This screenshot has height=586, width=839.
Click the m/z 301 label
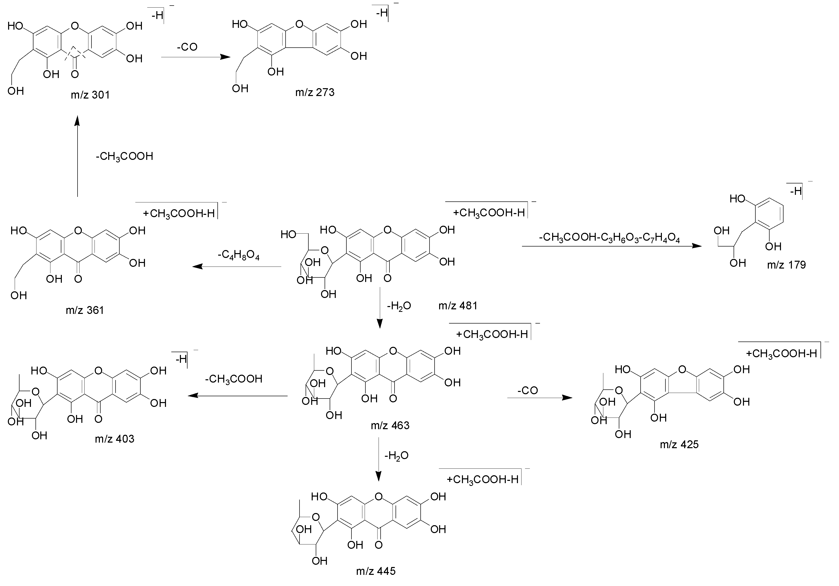[90, 95]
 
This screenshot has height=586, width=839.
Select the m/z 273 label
[315, 92]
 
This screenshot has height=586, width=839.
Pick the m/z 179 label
[786, 264]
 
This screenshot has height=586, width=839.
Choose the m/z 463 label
[390, 425]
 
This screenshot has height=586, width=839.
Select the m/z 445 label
[376, 571]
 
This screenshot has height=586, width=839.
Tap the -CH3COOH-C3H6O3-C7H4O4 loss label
[609, 238]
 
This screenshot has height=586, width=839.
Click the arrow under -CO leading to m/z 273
[196, 57]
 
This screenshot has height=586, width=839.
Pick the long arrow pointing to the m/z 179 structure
[612, 246]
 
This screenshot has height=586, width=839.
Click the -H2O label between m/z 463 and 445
[397, 455]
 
